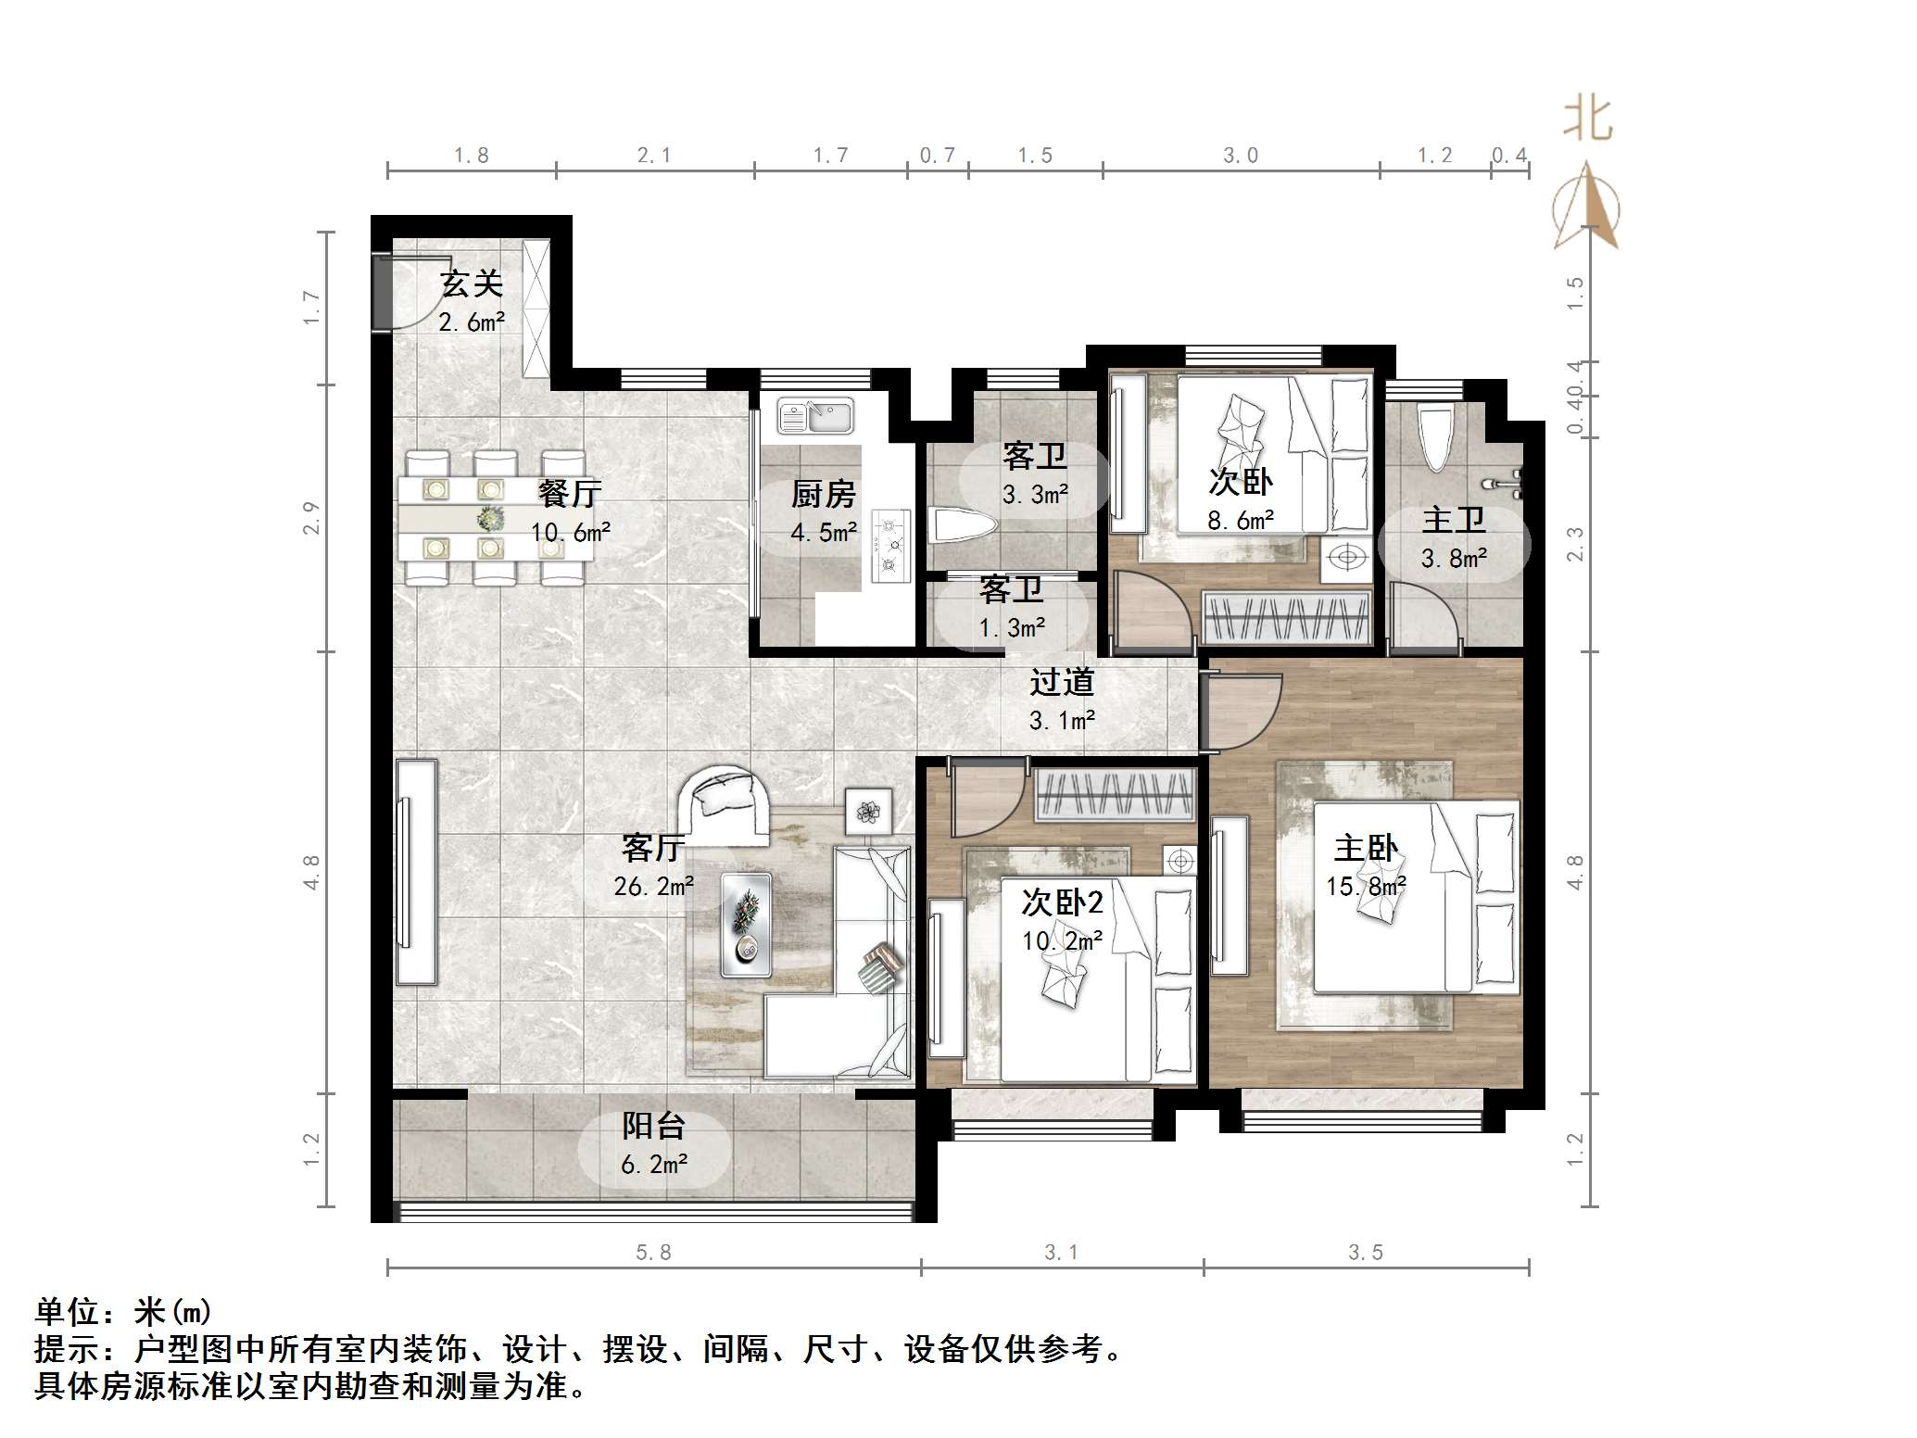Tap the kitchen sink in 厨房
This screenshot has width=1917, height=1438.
(814, 416)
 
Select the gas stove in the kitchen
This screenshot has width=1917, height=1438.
(890, 548)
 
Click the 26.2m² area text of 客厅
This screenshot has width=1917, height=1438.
(654, 887)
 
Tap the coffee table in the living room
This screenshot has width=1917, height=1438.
(746, 924)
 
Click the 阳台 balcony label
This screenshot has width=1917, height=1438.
(653, 1126)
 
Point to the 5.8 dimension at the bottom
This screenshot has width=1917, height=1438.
(653, 1253)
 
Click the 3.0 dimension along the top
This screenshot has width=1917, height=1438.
(1240, 156)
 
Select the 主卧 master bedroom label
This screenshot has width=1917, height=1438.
(1366, 848)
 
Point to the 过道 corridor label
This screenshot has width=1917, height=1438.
(1062, 683)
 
